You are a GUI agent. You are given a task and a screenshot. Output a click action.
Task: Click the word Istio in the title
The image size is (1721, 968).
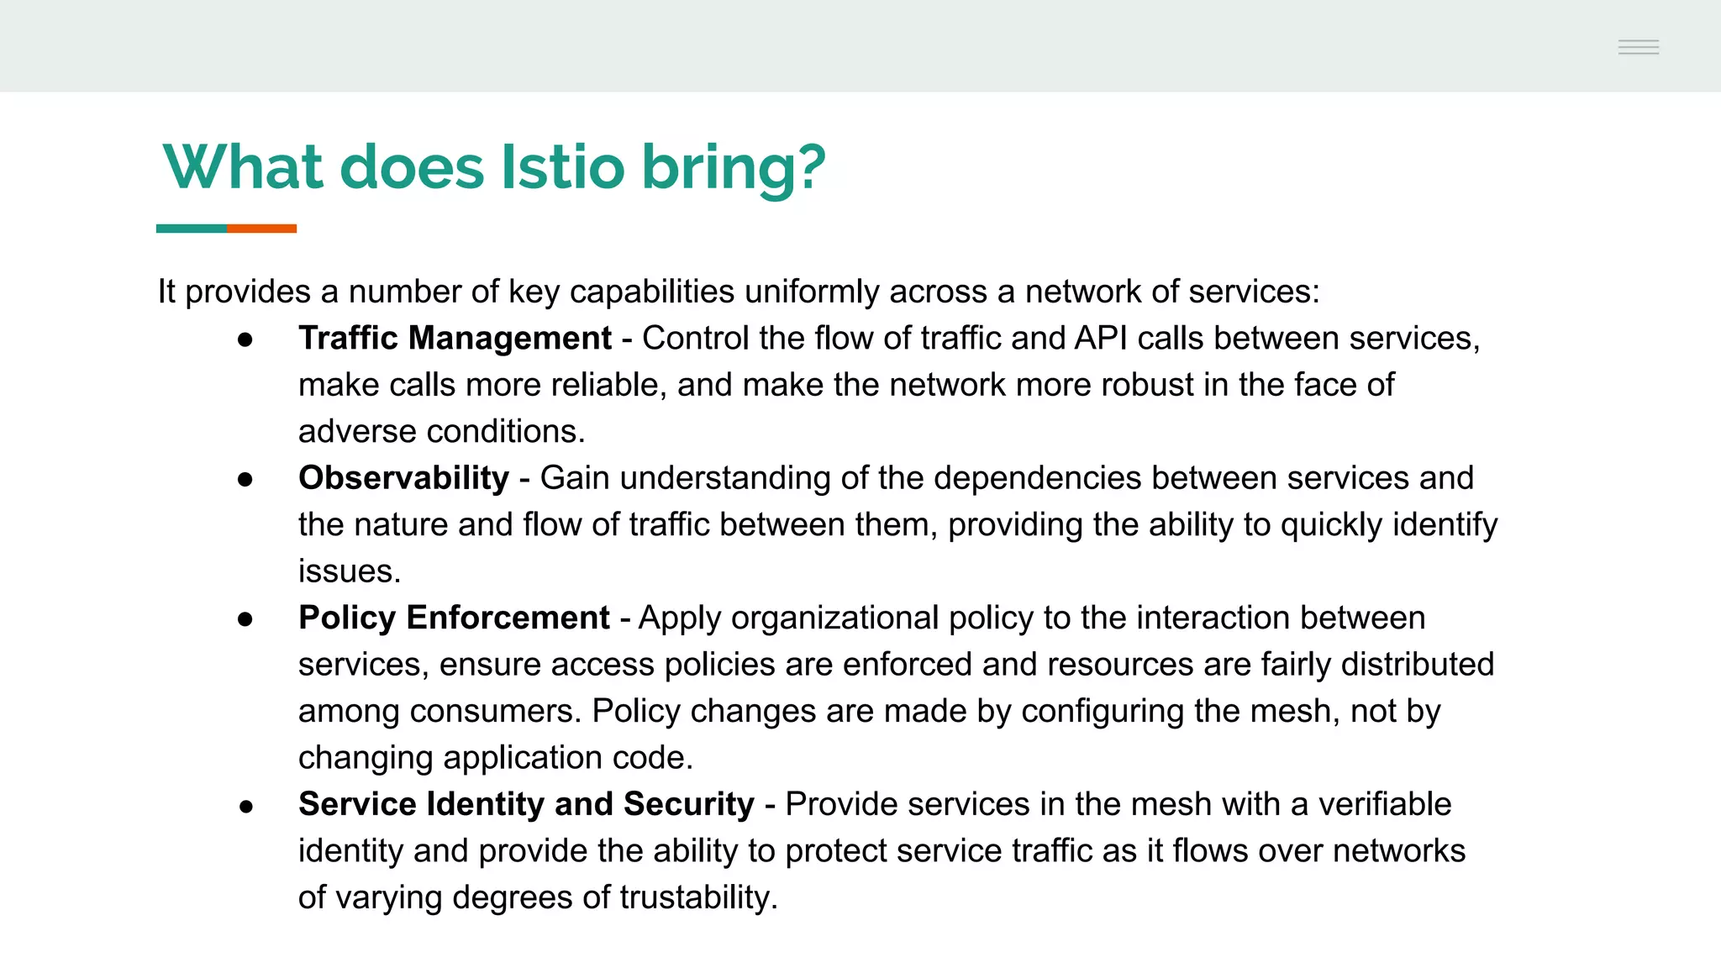(562, 166)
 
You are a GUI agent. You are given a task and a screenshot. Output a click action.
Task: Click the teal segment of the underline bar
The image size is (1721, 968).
(191, 229)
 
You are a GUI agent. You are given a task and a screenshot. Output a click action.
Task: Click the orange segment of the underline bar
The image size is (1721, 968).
(261, 229)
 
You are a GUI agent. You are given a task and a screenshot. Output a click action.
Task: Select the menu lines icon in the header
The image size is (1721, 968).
(1638, 47)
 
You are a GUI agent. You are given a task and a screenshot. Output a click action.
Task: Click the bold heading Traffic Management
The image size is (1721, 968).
(455, 338)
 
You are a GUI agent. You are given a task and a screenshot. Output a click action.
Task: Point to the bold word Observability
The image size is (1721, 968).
(403, 477)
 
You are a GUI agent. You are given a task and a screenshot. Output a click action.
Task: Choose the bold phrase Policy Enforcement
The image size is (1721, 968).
(454, 618)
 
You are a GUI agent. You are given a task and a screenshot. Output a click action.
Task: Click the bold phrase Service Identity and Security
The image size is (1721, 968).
(526, 804)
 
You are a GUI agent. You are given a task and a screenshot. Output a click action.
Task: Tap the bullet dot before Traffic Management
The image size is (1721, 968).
(245, 339)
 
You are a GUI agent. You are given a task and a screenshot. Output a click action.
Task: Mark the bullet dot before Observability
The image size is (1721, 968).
(245, 480)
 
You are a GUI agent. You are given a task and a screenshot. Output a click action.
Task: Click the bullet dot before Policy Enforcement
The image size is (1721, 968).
(245, 620)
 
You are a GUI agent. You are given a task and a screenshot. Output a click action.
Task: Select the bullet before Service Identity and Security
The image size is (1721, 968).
(245, 807)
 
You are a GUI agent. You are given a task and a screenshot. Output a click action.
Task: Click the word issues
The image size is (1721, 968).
(349, 571)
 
